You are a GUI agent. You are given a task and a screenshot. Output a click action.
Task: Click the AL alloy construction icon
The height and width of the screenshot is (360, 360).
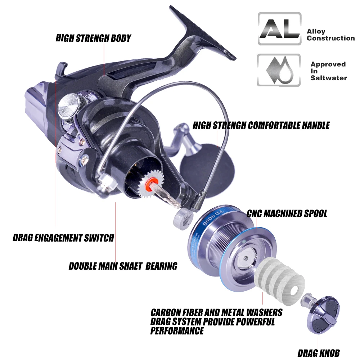coord(279,29)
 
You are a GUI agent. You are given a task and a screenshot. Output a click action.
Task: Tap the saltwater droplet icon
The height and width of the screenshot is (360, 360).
coord(279,70)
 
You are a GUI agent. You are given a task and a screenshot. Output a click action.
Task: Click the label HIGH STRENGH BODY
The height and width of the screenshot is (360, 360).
coord(94,38)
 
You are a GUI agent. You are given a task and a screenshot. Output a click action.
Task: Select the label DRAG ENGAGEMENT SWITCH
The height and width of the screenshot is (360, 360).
coord(63,238)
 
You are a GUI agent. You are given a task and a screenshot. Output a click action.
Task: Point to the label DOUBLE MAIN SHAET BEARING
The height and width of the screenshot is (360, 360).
coord(123,266)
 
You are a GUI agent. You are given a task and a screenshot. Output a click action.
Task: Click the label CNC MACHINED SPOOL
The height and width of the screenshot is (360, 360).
coord(287,213)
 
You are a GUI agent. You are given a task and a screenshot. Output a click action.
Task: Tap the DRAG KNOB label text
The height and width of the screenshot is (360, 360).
coord(319,353)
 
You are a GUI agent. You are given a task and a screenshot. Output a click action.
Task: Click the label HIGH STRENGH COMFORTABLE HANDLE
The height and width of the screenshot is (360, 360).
coord(261,125)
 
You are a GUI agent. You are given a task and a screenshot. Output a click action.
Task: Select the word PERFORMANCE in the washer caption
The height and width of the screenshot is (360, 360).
coord(177,331)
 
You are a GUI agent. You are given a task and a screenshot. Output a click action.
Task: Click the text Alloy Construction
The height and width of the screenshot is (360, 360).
coord(330,35)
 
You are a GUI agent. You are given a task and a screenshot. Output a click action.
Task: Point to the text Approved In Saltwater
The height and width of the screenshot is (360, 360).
coord(329,71)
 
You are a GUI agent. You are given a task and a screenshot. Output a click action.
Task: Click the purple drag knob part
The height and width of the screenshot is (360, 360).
coord(323,315)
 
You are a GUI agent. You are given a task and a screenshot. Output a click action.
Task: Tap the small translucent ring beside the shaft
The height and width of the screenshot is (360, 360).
coord(183,219)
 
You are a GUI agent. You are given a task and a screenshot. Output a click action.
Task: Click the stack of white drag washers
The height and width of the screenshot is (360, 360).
coord(280,281)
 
